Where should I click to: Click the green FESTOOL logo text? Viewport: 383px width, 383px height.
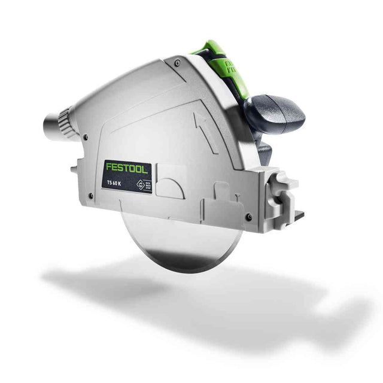click(x=126, y=168)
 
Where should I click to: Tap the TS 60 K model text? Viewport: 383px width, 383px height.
click(x=115, y=182)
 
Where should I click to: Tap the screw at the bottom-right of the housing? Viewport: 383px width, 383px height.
click(x=248, y=215)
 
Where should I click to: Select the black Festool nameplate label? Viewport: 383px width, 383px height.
click(x=126, y=176)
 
